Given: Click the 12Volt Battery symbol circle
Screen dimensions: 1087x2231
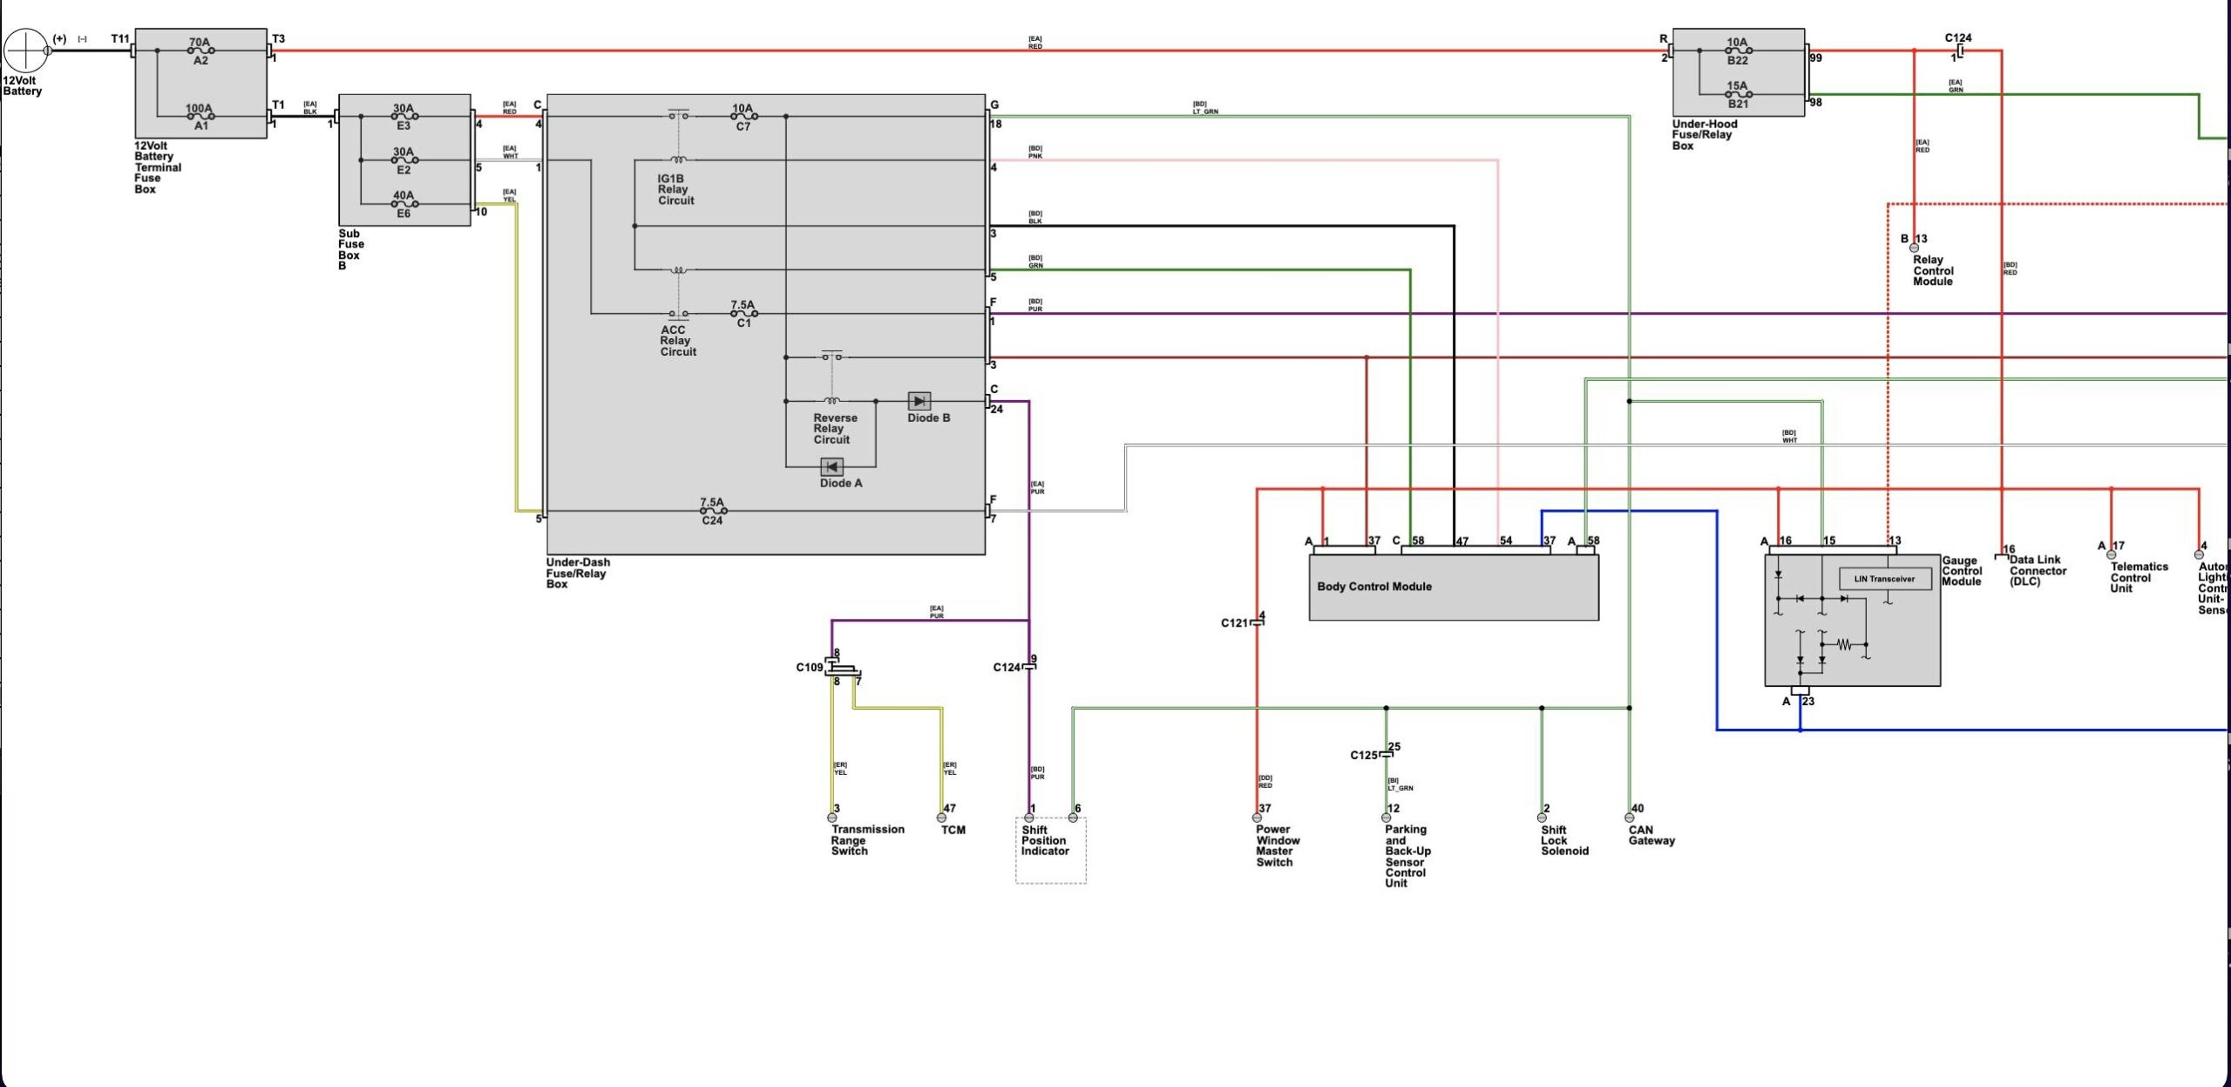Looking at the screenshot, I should click(25, 51).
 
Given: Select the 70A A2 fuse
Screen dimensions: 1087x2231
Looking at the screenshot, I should click(200, 51).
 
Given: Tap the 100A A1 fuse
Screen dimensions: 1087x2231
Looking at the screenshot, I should click(200, 116).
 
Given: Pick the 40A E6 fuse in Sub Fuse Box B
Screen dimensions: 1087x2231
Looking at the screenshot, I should click(403, 204).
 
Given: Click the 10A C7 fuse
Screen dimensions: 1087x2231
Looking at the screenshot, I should click(743, 116).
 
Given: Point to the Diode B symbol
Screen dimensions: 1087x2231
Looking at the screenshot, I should click(919, 401).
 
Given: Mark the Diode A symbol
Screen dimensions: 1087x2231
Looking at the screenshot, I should click(832, 467).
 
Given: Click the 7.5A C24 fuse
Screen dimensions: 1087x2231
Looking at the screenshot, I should click(713, 511).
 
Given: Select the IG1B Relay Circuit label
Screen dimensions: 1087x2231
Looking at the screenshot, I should click(675, 189).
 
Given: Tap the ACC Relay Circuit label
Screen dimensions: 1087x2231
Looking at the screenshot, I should click(678, 341).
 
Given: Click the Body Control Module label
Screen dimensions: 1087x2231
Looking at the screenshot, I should click(1374, 587).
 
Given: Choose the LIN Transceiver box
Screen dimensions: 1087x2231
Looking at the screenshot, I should click(1884, 579).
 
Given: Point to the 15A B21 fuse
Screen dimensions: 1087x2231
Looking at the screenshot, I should click(1738, 94).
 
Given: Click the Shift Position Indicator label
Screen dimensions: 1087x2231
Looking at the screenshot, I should click(1044, 841).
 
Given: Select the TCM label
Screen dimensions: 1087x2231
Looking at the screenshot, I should click(953, 830).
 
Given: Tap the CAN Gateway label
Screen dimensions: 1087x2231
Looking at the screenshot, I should click(1651, 835).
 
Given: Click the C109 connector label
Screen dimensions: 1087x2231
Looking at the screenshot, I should click(809, 668).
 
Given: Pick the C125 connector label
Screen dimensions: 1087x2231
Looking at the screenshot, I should click(1364, 755).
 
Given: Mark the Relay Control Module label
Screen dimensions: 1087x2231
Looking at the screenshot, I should click(1933, 271).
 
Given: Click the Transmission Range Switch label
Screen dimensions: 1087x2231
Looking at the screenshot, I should click(867, 840).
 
